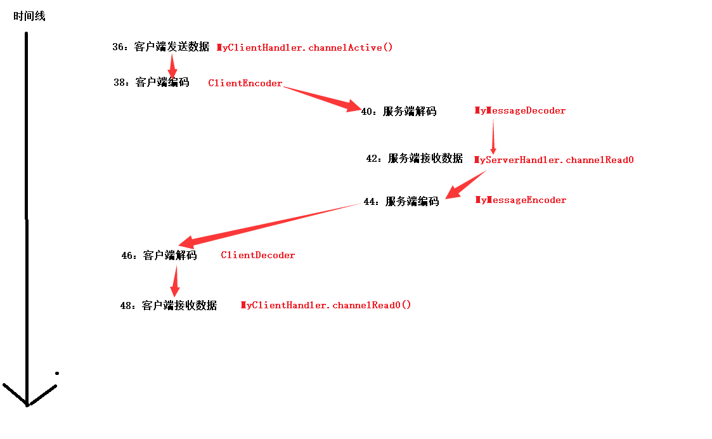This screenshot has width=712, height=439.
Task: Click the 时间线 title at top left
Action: [29, 16]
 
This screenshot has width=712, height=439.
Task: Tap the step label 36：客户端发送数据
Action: [160, 47]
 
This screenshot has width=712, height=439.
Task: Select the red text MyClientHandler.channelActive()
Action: [305, 48]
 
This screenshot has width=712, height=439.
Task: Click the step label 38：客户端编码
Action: [152, 82]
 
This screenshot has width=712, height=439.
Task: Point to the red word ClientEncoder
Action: [245, 83]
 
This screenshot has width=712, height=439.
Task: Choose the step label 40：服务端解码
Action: [399, 112]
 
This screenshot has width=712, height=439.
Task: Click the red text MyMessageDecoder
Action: [520, 110]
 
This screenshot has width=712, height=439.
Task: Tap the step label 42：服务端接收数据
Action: [415, 159]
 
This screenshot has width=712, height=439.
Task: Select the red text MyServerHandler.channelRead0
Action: [553, 160]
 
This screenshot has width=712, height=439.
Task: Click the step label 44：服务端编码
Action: [401, 201]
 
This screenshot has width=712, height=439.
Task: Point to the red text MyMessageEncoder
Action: [521, 200]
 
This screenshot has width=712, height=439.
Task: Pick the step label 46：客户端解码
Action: [159, 256]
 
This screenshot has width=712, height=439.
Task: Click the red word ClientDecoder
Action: [257, 255]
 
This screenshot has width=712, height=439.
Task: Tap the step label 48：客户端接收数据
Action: [168, 306]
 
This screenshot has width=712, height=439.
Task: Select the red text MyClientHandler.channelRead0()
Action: [326, 305]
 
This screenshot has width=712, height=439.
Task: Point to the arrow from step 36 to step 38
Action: [172, 65]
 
